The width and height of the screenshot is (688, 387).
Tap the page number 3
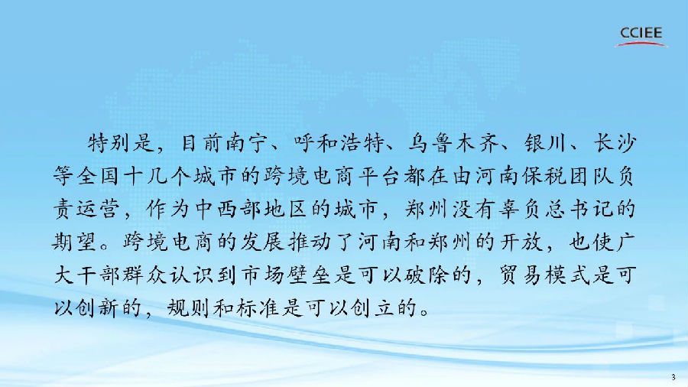pyautogui.click(x=673, y=378)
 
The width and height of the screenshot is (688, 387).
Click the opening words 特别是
pyautogui.click(x=115, y=143)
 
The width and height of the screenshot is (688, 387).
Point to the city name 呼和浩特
pyautogui.click(x=340, y=143)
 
